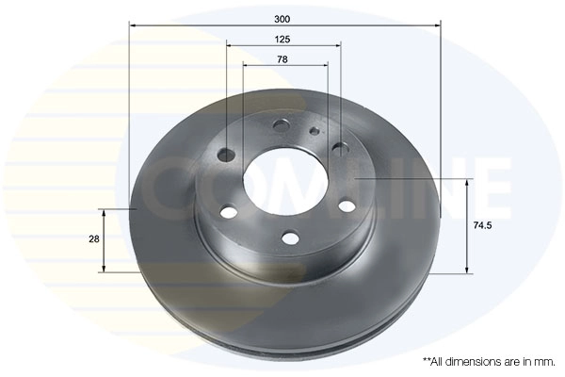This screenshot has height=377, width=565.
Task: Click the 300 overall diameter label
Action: (282, 19)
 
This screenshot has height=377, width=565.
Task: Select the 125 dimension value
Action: (282, 40)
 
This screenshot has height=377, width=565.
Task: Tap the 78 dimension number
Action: (282, 59)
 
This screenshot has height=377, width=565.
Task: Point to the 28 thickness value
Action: (93, 238)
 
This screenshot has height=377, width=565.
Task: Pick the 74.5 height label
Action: (482, 226)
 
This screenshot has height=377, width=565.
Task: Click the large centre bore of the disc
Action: (285, 183)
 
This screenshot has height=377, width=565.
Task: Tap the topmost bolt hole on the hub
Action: (282, 125)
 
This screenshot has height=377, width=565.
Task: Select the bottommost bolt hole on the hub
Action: (290, 238)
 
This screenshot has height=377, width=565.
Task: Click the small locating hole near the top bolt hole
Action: (315, 130)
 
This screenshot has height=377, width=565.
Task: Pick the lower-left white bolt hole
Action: (229, 211)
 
